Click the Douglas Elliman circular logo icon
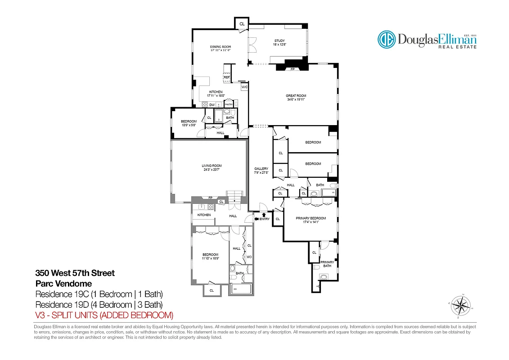click(386, 39)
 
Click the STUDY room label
click(279, 41)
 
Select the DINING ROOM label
click(221, 47)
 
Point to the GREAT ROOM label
click(296, 96)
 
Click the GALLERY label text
click(261, 169)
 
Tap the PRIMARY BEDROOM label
click(311, 218)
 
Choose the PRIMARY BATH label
click(327, 264)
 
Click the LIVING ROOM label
click(212, 166)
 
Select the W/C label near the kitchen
click(245, 87)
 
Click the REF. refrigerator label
click(227, 77)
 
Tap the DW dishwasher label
click(212, 104)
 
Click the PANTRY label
click(229, 104)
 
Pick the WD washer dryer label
click(248, 257)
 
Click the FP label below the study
click(293, 69)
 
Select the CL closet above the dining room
click(242, 23)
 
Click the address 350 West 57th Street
click(75, 273)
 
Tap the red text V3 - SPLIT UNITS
click(104, 315)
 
